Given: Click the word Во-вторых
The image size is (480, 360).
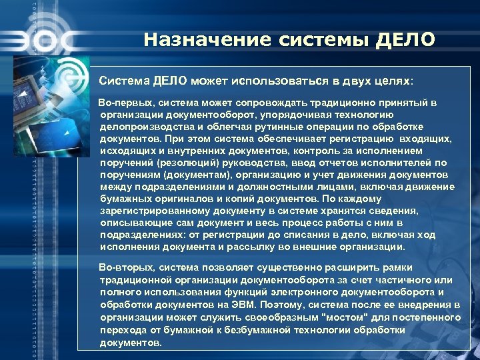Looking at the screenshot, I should pyautogui.click(x=124, y=267).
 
